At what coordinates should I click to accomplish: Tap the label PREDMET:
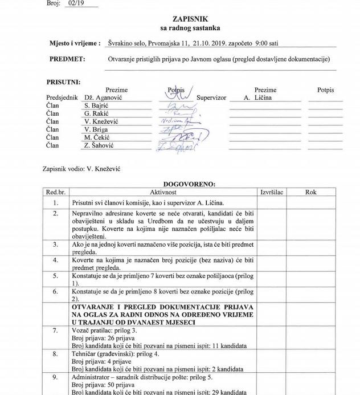[67, 59]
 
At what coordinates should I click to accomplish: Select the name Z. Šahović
[99, 145]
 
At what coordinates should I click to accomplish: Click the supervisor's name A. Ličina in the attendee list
[257, 97]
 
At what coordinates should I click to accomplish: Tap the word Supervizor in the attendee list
[211, 97]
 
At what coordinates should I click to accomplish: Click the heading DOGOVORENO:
[189, 184]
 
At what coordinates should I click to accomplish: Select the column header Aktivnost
[164, 192]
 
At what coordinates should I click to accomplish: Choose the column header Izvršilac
[272, 192]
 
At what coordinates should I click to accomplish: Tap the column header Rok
[310, 192]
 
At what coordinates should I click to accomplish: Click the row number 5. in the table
[55, 275]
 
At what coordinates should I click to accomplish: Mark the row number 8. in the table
[55, 353]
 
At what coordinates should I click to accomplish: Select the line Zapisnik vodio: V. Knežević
[81, 169]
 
